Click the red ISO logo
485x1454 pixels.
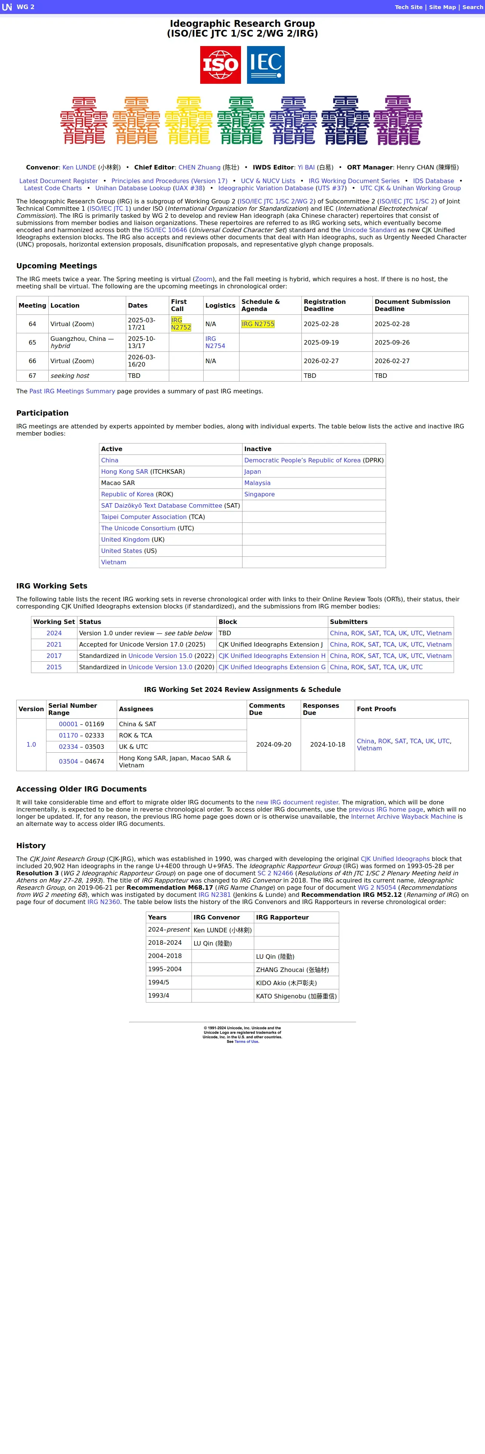click(x=220, y=65)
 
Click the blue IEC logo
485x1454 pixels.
click(x=266, y=65)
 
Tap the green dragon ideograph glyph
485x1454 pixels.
click(x=241, y=120)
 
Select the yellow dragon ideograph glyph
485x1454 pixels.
click(x=188, y=120)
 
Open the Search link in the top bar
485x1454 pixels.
click(x=473, y=7)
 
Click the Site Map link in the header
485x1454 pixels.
click(x=442, y=7)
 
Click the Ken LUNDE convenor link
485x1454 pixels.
click(x=79, y=168)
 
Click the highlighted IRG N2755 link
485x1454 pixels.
click(x=258, y=324)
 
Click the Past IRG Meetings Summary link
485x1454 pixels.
click(x=72, y=391)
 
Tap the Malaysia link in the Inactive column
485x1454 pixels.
click(x=258, y=483)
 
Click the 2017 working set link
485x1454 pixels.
click(x=54, y=656)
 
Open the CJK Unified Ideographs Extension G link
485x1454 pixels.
click(x=272, y=667)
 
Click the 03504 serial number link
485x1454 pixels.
click(x=68, y=761)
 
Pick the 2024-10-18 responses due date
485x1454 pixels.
click(x=327, y=744)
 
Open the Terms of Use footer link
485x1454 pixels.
click(x=247, y=1041)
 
